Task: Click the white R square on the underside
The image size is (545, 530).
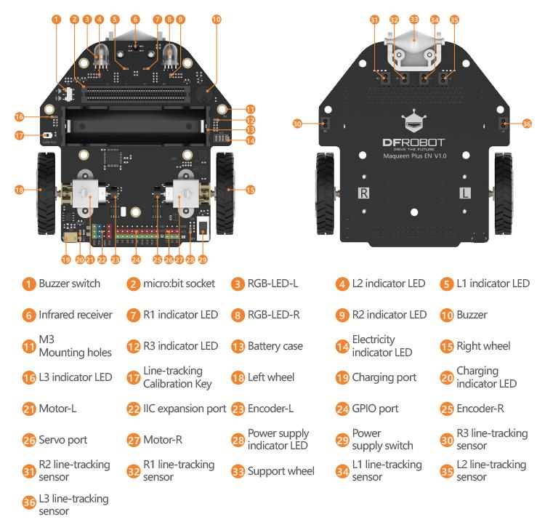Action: [x=365, y=193]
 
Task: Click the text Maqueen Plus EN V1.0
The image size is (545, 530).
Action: [x=413, y=155]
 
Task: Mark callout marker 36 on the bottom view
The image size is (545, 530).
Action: [x=528, y=124]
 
